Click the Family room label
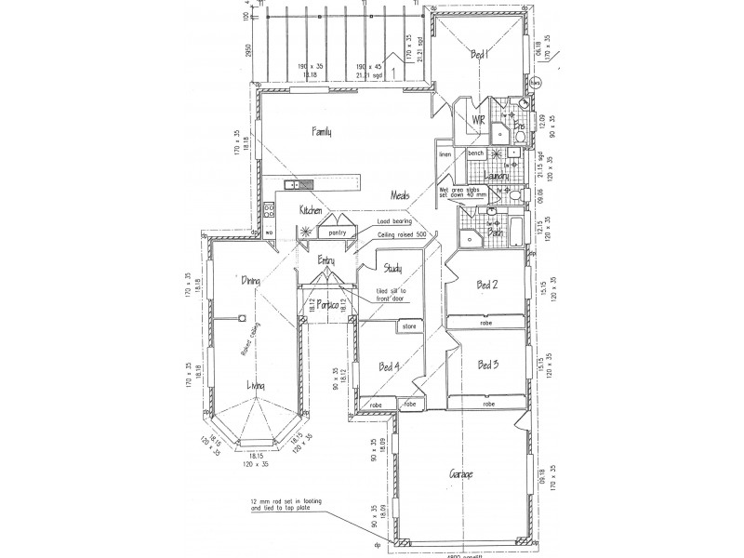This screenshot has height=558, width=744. (323, 132)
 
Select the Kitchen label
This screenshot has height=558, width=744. (310, 211)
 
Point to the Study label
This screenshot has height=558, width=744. (392, 270)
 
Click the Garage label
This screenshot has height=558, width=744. (461, 475)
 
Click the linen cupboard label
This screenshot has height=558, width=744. (445, 154)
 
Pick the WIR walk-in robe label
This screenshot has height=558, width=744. (478, 121)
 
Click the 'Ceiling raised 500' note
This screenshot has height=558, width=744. (403, 236)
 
